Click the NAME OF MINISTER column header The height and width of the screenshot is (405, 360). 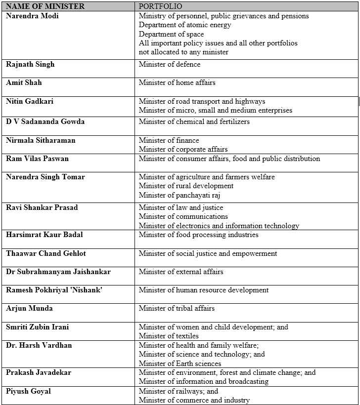tap(45, 6)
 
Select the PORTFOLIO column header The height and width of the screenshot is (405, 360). tap(160, 6)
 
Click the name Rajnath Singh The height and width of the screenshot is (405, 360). tap(30, 64)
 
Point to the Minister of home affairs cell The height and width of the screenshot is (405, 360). tap(177, 82)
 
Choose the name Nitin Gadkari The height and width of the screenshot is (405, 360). tap(30, 101)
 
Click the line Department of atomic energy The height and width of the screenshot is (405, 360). tap(185, 25)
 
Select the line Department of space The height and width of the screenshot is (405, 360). tap(171, 34)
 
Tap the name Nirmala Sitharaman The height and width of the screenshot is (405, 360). tap(41, 140)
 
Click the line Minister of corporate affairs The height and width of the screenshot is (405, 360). tap(183, 149)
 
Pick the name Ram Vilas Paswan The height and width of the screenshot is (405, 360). tap(37, 159)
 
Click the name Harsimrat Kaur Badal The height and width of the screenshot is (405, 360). tap(45, 235)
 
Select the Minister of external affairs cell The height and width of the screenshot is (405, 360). tap(181, 272)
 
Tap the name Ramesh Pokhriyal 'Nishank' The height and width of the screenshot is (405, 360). tap(54, 290)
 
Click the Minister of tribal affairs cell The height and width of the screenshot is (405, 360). tap(177, 308)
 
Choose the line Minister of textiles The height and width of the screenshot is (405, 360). tap(169, 336)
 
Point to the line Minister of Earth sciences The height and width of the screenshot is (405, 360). tap(180, 364)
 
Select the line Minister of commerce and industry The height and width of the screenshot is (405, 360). tap(194, 400)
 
